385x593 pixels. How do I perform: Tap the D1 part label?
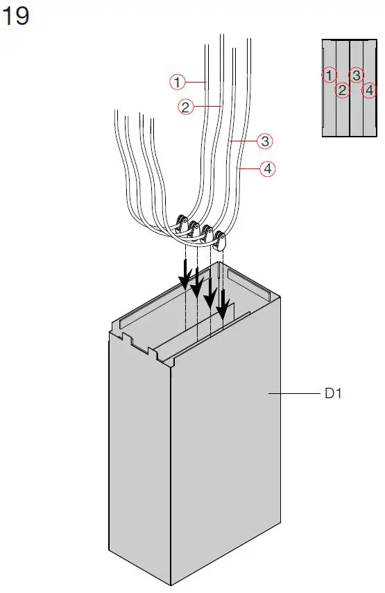click(x=334, y=393)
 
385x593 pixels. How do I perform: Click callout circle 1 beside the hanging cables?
click(x=178, y=82)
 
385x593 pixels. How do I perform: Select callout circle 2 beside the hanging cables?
click(x=185, y=107)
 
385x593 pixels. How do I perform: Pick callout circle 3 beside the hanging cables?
click(x=264, y=141)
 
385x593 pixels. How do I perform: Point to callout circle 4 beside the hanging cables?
click(x=267, y=168)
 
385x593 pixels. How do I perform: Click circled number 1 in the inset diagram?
click(x=330, y=74)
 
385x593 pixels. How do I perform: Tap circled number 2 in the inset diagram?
click(x=342, y=89)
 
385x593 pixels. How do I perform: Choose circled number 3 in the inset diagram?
click(x=356, y=74)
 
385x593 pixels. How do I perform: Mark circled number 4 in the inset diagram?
click(x=370, y=89)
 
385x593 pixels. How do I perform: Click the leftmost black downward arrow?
click(x=185, y=275)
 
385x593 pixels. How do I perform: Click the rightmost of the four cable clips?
click(x=221, y=242)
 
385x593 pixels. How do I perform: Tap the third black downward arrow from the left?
click(x=209, y=293)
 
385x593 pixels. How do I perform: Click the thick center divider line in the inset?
click(x=349, y=87)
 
